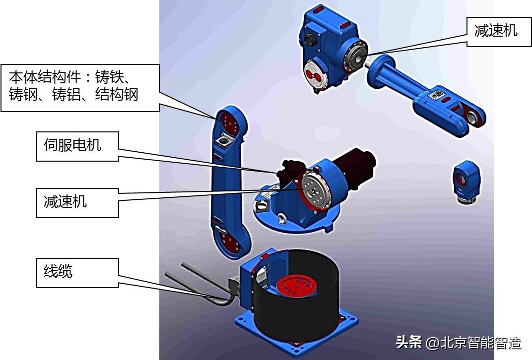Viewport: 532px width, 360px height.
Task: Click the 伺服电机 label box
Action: click(x=77, y=146)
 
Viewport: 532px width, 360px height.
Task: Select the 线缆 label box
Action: click(x=77, y=272)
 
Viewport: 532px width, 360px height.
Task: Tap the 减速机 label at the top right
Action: click(x=499, y=31)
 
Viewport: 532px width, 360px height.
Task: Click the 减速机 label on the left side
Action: click(x=77, y=202)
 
